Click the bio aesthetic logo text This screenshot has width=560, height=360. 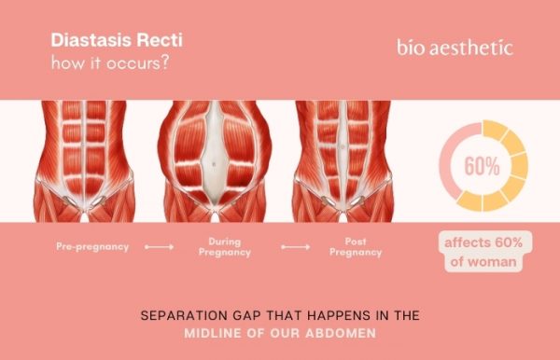tap(454, 48)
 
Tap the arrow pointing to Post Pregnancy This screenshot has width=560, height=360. tap(296, 248)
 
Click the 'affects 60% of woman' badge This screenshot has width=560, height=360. tap(482, 253)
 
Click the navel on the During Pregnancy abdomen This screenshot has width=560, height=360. tap(214, 165)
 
